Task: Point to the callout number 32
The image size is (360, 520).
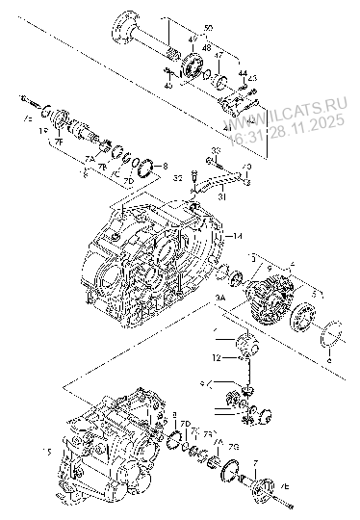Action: tap(178, 178)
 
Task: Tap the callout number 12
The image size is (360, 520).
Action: tap(219, 357)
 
